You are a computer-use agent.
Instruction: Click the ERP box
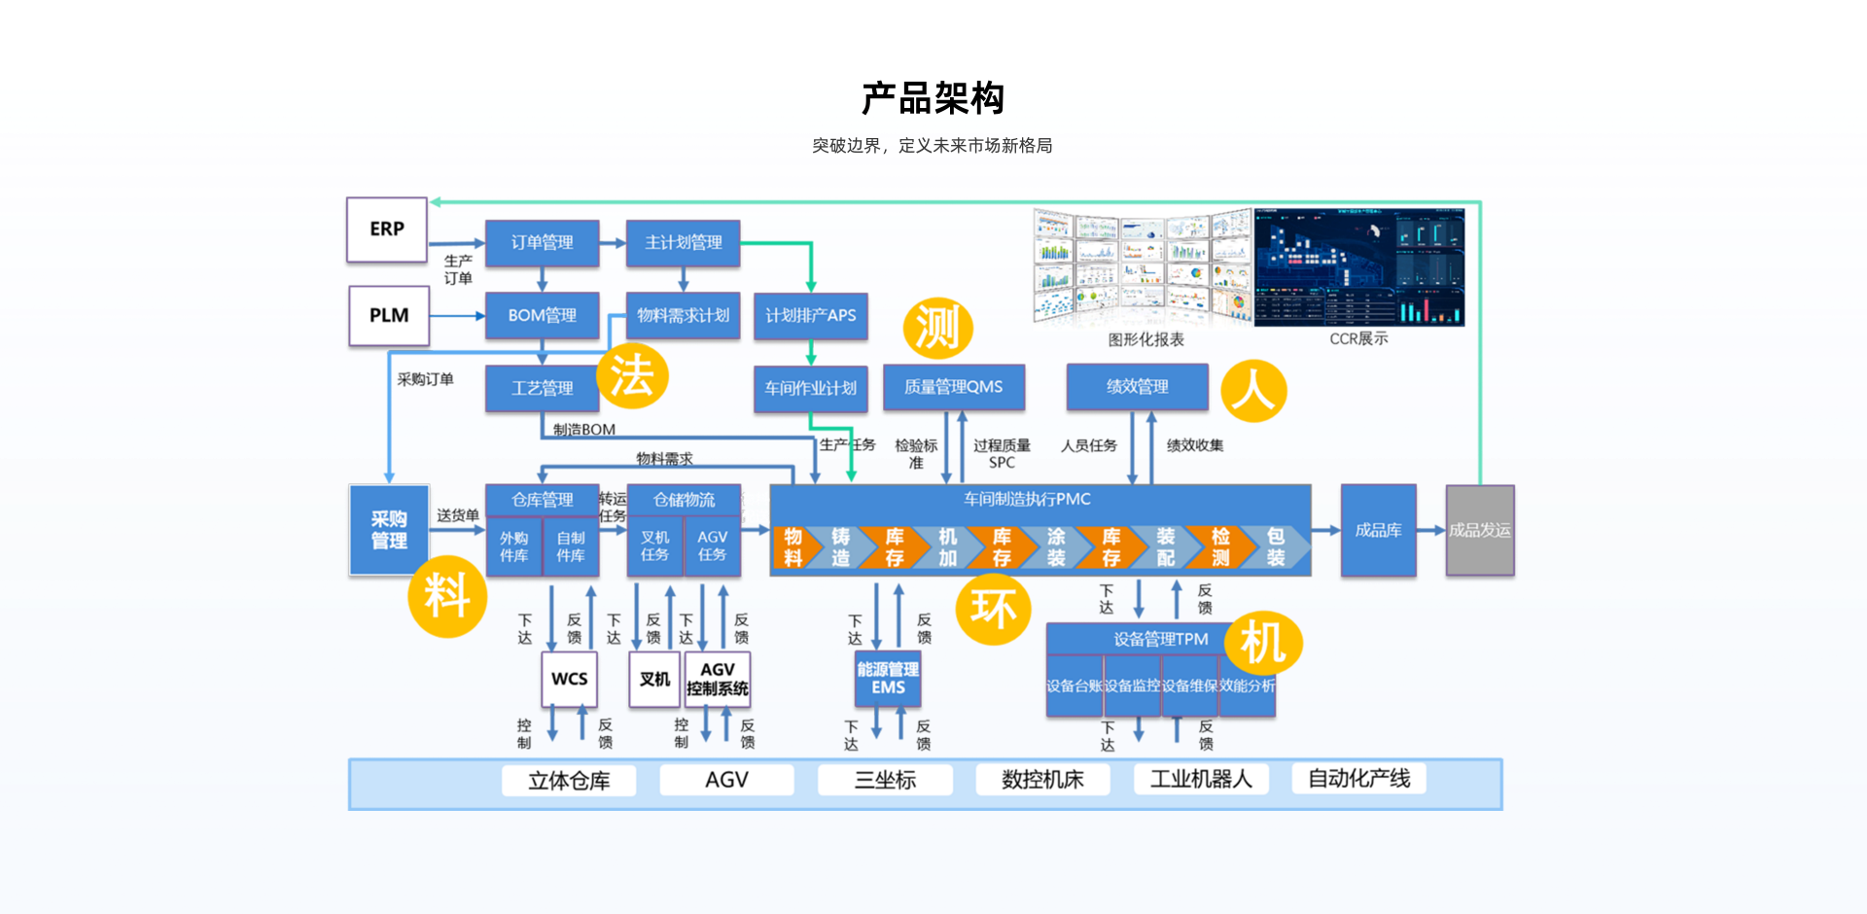[x=387, y=229]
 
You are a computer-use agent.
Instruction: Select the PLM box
[x=389, y=316]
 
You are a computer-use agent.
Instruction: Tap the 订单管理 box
[x=542, y=243]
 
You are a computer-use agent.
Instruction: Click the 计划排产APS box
[x=810, y=316]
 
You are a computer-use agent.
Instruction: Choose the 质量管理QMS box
[x=953, y=387]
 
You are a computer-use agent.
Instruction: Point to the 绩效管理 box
[x=1137, y=387]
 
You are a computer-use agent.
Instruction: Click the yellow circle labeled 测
[x=937, y=328]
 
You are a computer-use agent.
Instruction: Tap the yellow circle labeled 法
[x=632, y=376]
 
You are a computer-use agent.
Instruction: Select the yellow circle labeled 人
[x=1253, y=391]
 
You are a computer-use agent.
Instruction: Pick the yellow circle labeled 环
[x=993, y=610]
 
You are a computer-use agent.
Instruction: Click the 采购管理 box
[x=389, y=530]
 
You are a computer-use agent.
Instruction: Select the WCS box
[x=569, y=679]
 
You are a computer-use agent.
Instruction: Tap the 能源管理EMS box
[x=888, y=679]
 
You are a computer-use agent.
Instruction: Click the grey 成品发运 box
[x=1479, y=530]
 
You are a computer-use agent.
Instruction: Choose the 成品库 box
[x=1378, y=530]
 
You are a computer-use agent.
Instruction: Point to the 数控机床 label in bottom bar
[x=1042, y=780]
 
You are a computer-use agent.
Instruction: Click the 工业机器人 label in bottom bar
[x=1201, y=780]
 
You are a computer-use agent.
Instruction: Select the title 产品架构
[x=933, y=98]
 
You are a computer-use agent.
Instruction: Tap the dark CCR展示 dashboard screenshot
[x=1358, y=267]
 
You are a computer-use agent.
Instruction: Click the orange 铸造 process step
[x=840, y=547]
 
